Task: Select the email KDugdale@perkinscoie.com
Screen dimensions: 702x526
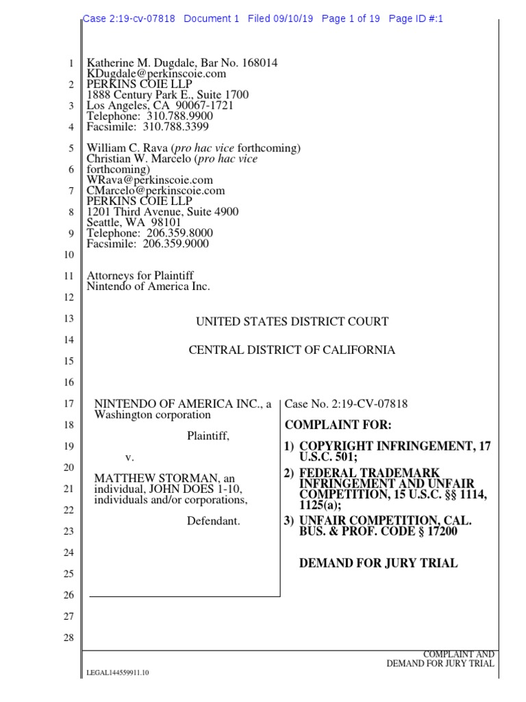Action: pyautogui.click(x=156, y=74)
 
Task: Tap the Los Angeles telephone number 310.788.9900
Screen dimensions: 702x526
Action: pyautogui.click(x=181, y=117)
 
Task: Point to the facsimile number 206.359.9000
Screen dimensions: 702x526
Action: pyautogui.click(x=176, y=243)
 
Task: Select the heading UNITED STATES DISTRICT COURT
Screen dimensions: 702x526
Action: pyautogui.click(x=292, y=322)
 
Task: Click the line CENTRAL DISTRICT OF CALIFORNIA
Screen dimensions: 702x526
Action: pyautogui.click(x=292, y=350)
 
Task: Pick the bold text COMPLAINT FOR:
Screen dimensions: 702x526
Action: pyautogui.click(x=338, y=425)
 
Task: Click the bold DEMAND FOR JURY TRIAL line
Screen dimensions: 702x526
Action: pyautogui.click(x=379, y=564)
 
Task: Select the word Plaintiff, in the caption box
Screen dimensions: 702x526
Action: pyautogui.click(x=208, y=435)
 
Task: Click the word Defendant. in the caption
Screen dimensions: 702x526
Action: pyautogui.click(x=213, y=521)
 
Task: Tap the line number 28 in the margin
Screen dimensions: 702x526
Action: pyautogui.click(x=68, y=638)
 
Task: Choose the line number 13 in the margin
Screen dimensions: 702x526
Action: pyautogui.click(x=68, y=319)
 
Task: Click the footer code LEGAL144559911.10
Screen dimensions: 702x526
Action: pyautogui.click(x=118, y=673)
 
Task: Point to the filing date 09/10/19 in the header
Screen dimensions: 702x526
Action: pyautogui.click(x=292, y=19)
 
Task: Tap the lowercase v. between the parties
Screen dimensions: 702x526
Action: pyautogui.click(x=128, y=457)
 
